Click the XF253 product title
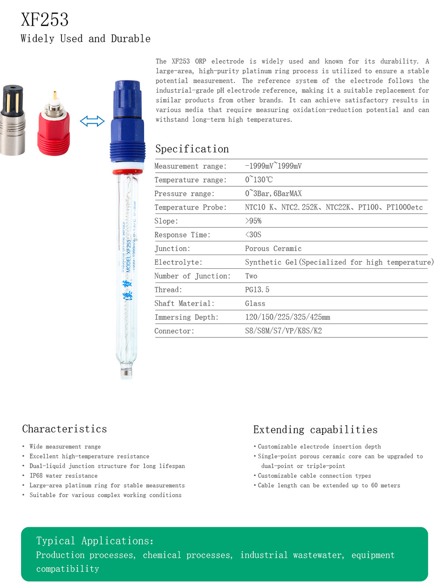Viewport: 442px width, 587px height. pos(45,20)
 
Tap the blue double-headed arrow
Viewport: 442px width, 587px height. pos(92,121)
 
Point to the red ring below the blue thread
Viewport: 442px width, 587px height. pos(127,172)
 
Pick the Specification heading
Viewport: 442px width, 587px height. pos(192,149)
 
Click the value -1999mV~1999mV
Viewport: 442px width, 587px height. pos(273,166)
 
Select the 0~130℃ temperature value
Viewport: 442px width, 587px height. pos(259,180)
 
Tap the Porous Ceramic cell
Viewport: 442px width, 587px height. pos(273,248)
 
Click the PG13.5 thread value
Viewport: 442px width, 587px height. pos(257,290)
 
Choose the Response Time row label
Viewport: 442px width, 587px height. pos(182,235)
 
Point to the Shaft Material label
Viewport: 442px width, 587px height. pos(184,304)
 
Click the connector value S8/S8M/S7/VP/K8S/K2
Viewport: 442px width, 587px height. pos(283,331)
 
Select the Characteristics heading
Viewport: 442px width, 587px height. pos(65,429)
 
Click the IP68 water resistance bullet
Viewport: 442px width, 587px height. pos(63,476)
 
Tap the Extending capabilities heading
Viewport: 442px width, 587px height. pos(315,430)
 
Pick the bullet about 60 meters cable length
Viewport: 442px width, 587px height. pos(328,485)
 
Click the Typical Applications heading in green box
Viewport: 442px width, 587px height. pos(95,541)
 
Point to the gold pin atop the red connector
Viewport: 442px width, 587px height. pos(54,95)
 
